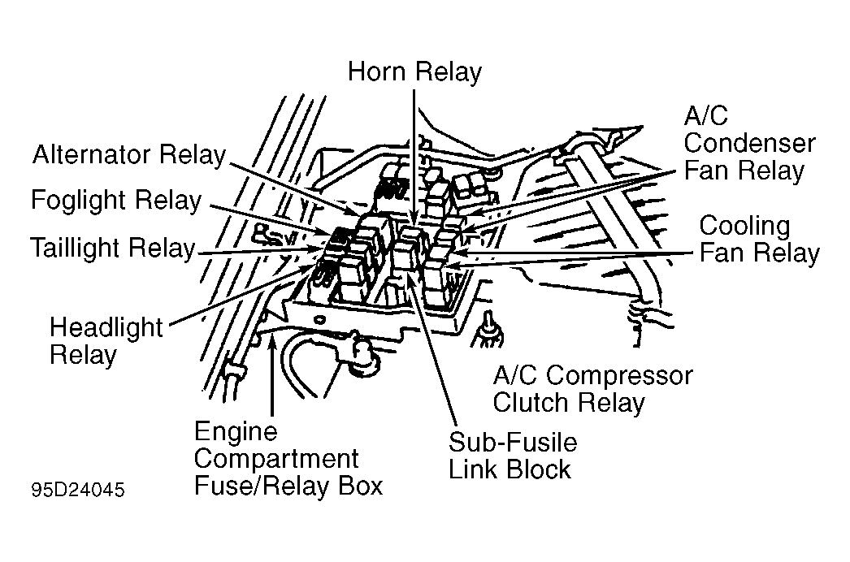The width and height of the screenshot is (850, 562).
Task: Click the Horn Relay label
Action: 414,72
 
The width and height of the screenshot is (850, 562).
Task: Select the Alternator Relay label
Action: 129,155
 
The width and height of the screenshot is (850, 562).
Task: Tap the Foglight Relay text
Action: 116,201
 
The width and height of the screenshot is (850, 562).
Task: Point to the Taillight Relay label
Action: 112,249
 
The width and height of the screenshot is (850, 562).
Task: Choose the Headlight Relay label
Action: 106,341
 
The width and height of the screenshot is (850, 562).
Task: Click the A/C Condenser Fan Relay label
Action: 749,144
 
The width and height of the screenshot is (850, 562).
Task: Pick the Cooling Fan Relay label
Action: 759,240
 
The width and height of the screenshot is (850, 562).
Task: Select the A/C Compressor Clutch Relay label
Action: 592,389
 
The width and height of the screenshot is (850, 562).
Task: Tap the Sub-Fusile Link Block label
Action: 512,456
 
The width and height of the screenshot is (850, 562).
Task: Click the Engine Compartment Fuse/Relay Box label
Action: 288,459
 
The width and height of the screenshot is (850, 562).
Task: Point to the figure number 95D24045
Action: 78,490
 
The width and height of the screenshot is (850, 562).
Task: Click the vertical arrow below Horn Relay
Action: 414,158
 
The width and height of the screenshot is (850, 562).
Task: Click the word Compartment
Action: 276,459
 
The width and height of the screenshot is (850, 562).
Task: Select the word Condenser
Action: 749,144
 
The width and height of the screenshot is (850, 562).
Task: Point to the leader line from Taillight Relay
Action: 260,251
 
